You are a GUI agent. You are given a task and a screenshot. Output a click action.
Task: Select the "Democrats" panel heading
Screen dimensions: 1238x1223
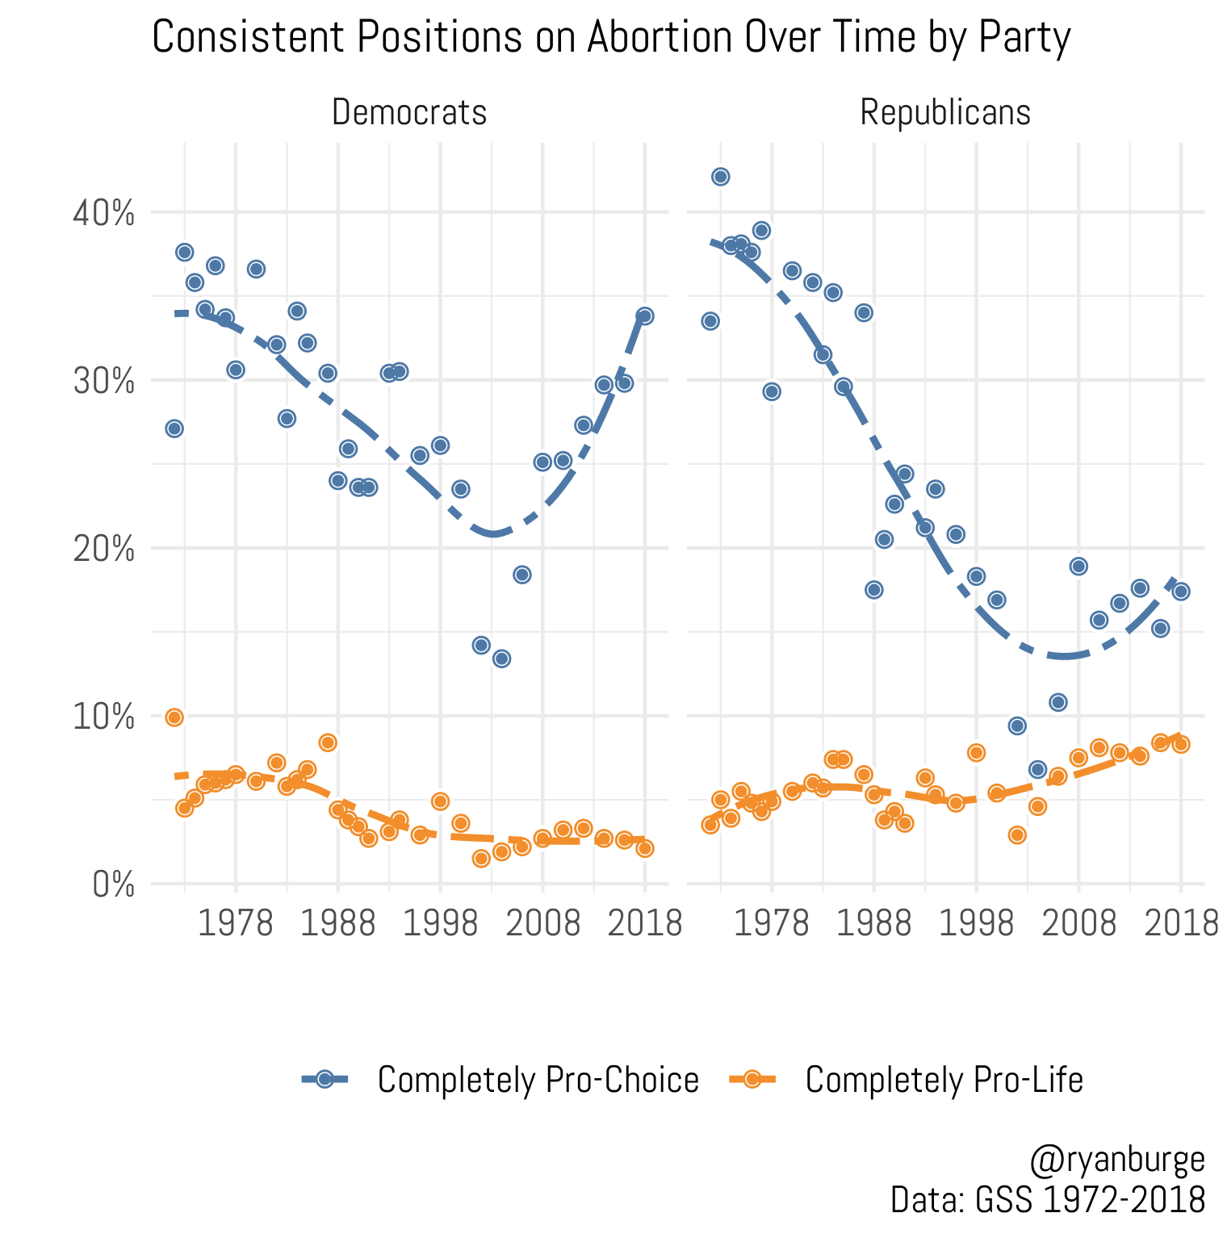(x=409, y=113)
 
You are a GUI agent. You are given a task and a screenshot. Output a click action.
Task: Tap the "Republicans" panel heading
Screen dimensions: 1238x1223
(x=945, y=113)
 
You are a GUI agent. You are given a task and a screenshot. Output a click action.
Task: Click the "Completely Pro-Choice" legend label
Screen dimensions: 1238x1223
(x=538, y=1080)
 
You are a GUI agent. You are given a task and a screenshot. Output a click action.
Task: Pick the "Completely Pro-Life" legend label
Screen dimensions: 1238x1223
(x=944, y=1080)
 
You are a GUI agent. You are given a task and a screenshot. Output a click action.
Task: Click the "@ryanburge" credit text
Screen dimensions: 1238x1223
(x=1117, y=1161)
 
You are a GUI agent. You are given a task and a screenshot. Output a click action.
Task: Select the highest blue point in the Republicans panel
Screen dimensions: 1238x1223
(x=721, y=177)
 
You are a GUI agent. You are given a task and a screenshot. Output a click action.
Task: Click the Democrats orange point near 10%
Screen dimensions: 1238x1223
(x=174, y=717)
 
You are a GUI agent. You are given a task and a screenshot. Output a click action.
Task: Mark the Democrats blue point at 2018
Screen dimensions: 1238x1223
(x=644, y=316)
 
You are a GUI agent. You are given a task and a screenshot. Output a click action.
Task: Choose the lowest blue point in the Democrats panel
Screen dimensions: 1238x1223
(x=501, y=659)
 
